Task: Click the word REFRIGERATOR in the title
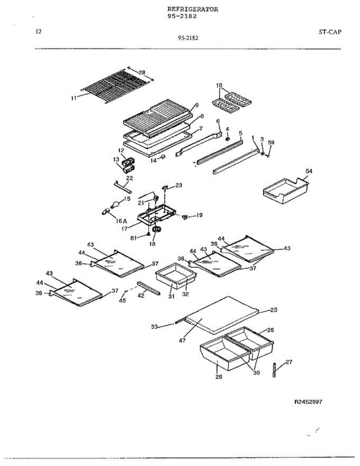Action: [192, 9]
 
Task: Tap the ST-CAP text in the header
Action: [330, 32]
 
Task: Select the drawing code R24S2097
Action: [308, 402]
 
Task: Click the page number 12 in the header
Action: [38, 32]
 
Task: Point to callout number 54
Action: [309, 171]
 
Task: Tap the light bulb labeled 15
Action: [116, 203]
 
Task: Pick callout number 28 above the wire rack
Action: [142, 73]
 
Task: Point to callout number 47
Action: [182, 340]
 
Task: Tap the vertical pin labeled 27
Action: [274, 369]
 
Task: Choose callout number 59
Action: [271, 143]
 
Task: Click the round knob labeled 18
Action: [157, 231]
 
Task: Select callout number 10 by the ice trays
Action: [219, 85]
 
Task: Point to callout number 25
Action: [274, 310]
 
